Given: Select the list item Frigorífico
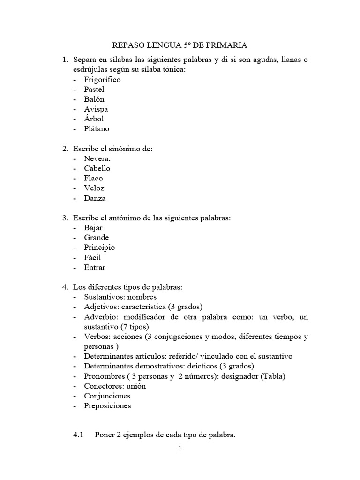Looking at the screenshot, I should (102, 80).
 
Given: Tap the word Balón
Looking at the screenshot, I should (94, 99).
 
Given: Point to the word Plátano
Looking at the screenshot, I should (97, 128).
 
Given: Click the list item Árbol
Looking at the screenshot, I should (94, 119).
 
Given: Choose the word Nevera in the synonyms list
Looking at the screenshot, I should (97, 159).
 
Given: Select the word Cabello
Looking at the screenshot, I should (97, 169).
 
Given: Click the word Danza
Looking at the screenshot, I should (95, 198).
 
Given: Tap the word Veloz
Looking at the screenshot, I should (94, 188).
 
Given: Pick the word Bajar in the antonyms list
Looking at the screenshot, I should (93, 228).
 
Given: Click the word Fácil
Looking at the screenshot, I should (92, 257).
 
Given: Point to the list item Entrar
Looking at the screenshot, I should (95, 268).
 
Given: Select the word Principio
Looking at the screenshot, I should (99, 247).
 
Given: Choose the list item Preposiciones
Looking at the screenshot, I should (107, 406).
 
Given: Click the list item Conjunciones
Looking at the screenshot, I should (107, 396).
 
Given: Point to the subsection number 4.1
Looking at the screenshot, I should (78, 435).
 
